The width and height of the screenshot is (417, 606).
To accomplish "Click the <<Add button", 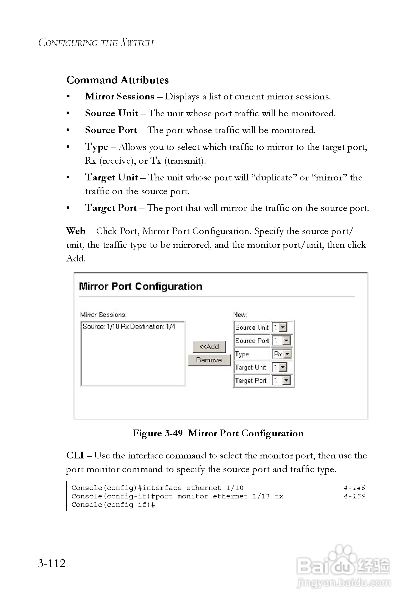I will (x=209, y=347).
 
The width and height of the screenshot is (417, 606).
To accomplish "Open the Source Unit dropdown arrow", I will (x=283, y=327).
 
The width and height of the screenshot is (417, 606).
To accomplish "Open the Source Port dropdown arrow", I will (x=287, y=341).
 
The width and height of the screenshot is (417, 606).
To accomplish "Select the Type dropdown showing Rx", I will (x=281, y=354).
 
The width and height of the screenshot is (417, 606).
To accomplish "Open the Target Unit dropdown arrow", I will (x=283, y=367).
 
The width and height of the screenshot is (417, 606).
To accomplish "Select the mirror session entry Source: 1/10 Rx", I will (x=129, y=327).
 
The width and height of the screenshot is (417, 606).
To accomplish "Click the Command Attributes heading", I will (x=117, y=80).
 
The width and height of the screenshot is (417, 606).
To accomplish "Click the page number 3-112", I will (x=52, y=563).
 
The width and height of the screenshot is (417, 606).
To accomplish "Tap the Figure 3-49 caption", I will (x=218, y=433).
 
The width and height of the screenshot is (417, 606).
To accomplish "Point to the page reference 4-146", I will (x=354, y=488).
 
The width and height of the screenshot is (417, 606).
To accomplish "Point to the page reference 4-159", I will (x=354, y=496).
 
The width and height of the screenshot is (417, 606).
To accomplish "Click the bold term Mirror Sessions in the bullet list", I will (x=120, y=97).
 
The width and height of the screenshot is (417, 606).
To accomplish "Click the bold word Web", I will (x=76, y=231).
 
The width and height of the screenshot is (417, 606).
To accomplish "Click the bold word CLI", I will (x=75, y=455).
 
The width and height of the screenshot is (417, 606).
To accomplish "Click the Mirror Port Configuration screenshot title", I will (x=141, y=286).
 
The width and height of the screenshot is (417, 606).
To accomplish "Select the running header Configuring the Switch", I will (x=96, y=43).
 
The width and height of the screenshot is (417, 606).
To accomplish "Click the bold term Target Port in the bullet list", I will (x=111, y=208).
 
